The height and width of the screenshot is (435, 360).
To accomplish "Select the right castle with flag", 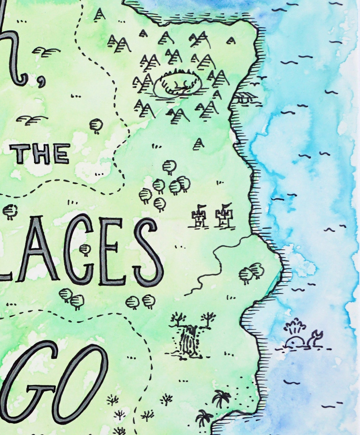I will point(224,217).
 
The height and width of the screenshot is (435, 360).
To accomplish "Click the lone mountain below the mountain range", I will point(198,144).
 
